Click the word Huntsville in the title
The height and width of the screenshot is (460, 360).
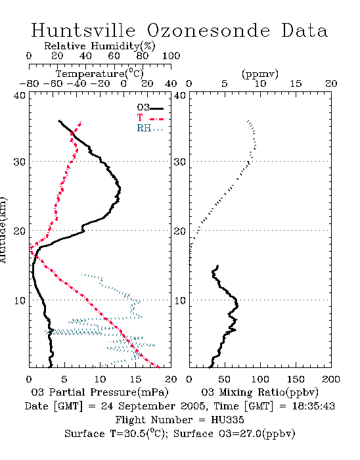(83, 30)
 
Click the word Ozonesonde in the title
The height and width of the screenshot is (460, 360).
(208, 30)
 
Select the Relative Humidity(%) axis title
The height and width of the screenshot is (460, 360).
(100, 46)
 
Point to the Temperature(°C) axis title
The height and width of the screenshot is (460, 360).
(100, 74)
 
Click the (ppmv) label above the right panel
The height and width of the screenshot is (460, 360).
(260, 74)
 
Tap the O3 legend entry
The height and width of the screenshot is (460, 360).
(150, 108)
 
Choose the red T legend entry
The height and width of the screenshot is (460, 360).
(150, 118)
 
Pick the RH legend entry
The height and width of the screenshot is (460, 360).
(150, 128)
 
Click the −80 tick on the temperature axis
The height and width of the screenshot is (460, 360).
(29, 83)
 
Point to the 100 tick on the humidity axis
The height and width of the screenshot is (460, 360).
(171, 55)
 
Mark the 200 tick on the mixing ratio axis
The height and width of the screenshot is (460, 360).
(331, 379)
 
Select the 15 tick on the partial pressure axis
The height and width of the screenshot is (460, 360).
(135, 379)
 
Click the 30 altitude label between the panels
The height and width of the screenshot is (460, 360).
(180, 162)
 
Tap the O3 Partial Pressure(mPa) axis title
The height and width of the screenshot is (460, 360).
(100, 392)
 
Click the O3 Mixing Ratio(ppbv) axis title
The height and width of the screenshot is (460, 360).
(259, 392)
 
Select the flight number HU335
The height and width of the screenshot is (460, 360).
(227, 420)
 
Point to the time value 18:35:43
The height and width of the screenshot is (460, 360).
(313, 406)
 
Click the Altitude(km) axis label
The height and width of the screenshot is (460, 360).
(3, 230)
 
